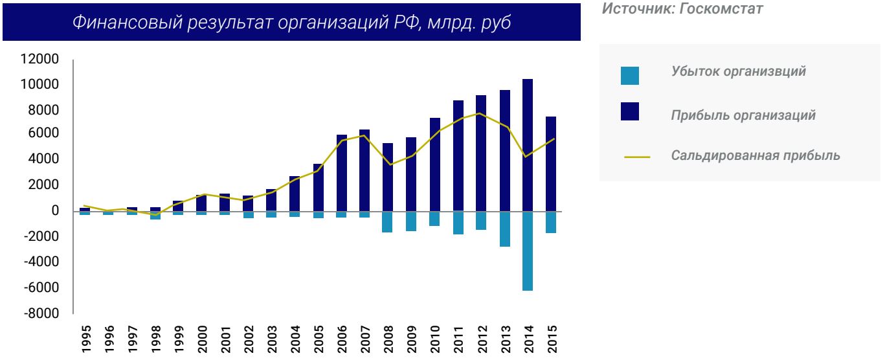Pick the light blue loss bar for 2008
point(388,222)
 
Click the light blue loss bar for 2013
point(504,229)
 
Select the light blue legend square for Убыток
point(629,75)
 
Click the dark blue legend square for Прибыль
point(629,111)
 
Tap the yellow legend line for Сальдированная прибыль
point(637,157)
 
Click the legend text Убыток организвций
point(738,71)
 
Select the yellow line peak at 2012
point(480,113)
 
